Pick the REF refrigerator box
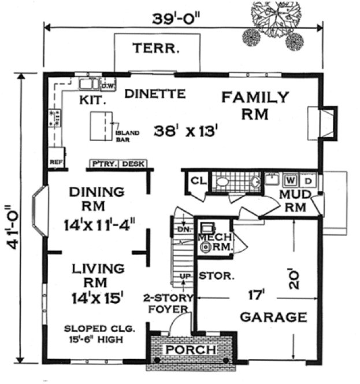click(x=57, y=163)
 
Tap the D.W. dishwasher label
click(x=108, y=87)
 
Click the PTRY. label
click(x=104, y=164)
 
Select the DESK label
click(x=133, y=164)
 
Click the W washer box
click(x=291, y=179)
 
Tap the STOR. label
click(x=217, y=276)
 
